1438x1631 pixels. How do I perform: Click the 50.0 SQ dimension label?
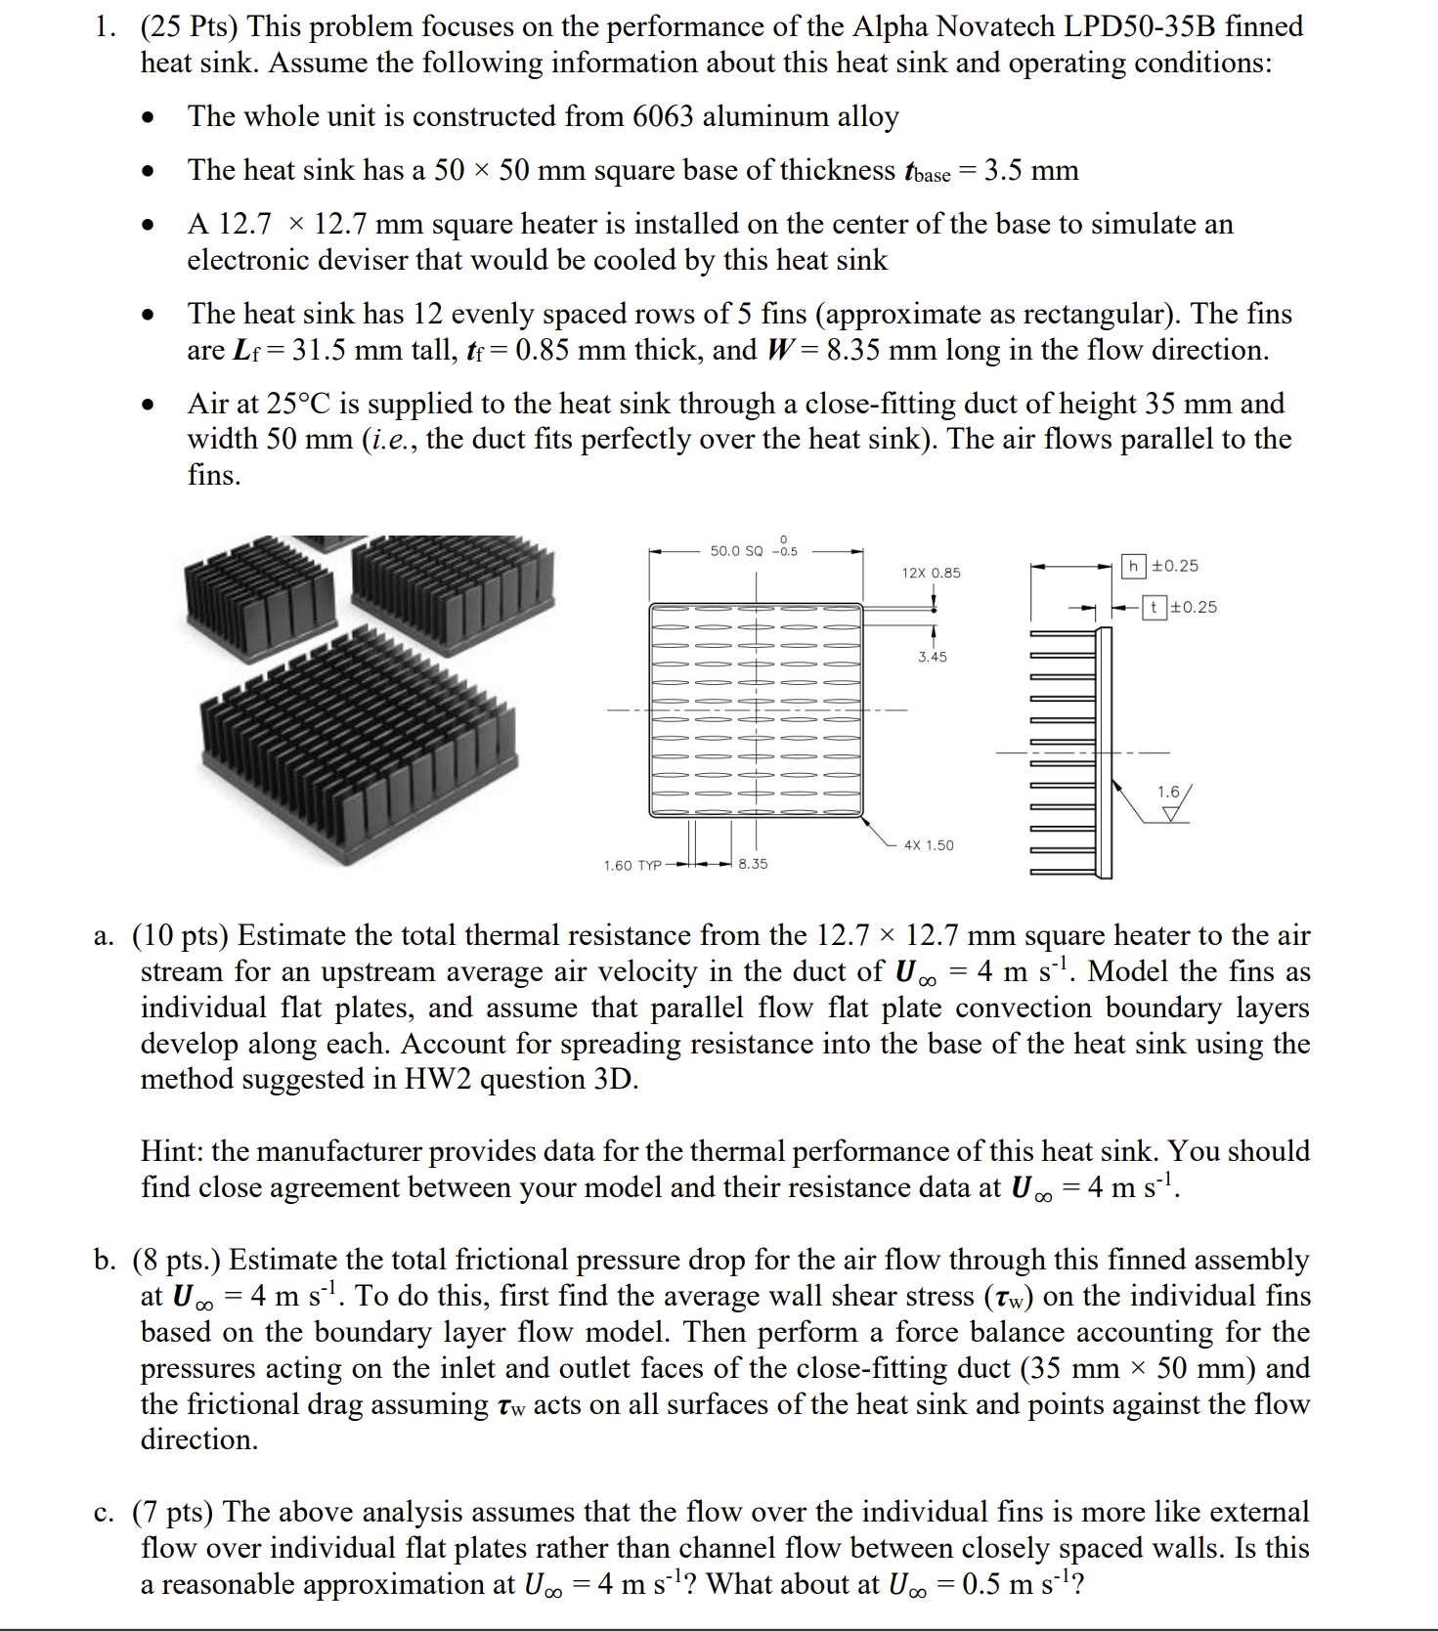point(736,551)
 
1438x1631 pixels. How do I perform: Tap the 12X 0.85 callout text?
point(931,573)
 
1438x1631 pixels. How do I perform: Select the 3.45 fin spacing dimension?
point(932,657)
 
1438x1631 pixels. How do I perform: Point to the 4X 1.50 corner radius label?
point(928,845)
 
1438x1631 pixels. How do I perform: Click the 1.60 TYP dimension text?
point(632,866)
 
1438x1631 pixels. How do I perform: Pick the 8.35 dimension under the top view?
point(753,864)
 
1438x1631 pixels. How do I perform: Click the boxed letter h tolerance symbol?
point(1133,566)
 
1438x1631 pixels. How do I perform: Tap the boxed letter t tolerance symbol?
point(1154,607)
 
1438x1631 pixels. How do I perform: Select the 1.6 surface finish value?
point(1168,792)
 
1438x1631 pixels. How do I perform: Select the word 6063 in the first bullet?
point(663,116)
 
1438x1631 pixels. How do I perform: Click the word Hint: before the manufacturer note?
point(172,1151)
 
